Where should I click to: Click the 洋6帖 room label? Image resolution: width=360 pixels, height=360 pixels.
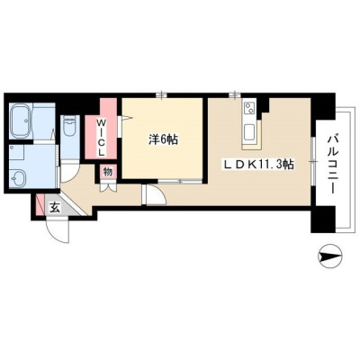point(163,139)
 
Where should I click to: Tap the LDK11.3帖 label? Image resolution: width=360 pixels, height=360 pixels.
point(257,164)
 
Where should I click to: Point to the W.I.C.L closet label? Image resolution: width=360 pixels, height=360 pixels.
point(102,138)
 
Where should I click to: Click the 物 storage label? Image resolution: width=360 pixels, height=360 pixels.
point(108,172)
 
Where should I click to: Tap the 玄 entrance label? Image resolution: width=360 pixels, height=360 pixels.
point(55,207)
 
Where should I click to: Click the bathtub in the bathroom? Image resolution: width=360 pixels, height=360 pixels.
point(21,121)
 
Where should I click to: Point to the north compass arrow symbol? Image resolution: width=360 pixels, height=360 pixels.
point(329,256)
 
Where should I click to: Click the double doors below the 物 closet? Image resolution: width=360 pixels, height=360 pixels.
point(108,186)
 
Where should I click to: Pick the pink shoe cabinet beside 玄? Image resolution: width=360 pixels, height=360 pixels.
point(40,205)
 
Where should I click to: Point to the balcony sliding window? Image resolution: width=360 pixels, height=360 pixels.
point(313,162)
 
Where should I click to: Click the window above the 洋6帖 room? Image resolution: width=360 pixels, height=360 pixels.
point(162,95)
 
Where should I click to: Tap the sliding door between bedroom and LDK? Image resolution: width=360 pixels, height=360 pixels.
point(180,181)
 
